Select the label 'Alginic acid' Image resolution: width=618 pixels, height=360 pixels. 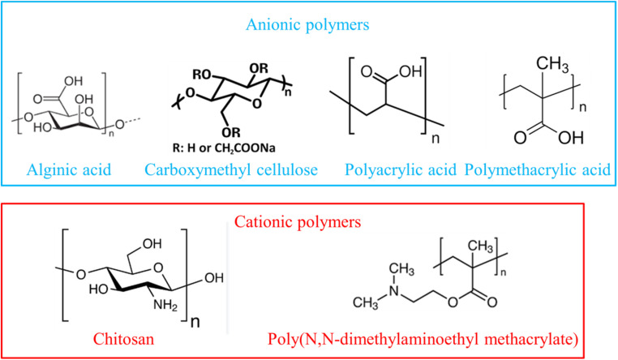67,171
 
